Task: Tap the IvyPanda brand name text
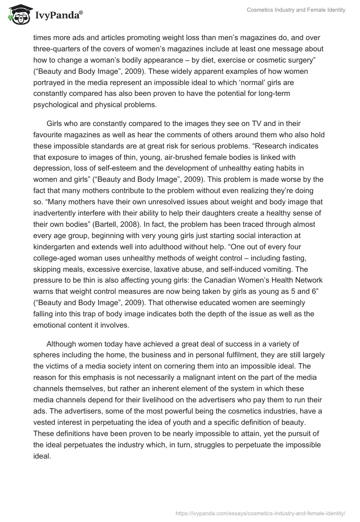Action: pos(58,16)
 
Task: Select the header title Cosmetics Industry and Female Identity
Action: pos(297,10)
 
